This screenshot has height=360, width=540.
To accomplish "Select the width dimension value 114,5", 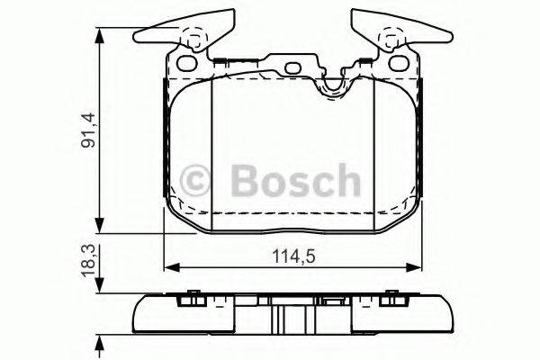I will coord(293,256).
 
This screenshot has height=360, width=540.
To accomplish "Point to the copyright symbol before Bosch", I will coord(195,181).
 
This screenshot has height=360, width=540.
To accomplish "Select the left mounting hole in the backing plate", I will coord(189,65).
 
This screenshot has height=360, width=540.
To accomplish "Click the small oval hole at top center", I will coord(292,69).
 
